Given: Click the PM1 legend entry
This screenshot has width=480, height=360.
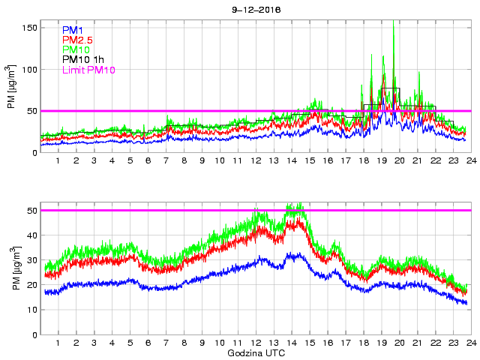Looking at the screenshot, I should [x=73, y=29].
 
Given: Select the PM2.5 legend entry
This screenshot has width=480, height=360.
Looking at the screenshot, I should [x=76, y=40].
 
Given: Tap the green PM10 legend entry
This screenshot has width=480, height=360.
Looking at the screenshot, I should [x=76, y=49].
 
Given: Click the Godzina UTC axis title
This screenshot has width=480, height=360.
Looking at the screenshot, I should [x=255, y=352].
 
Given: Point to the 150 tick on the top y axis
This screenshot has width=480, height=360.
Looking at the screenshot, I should [x=30, y=27].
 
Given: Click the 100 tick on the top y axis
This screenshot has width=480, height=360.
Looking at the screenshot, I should [x=30, y=69].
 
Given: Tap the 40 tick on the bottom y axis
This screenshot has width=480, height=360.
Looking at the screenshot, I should [x=32, y=235].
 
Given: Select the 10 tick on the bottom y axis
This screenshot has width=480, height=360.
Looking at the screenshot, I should [x=32, y=310].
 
